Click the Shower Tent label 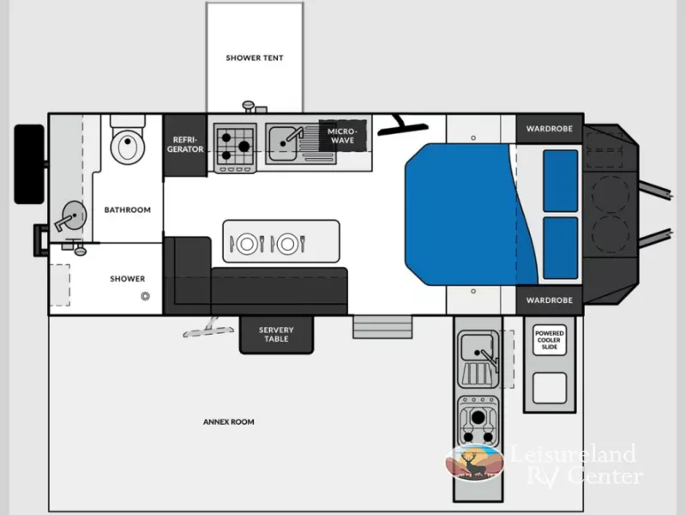coord(254,58)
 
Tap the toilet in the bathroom coord(127,140)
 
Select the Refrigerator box coord(185,145)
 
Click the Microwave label coord(342,136)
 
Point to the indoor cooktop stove coord(235,148)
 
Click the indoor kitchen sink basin coord(283,143)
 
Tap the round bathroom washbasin coord(74,215)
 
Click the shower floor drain coord(145,296)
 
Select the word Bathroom coord(127,209)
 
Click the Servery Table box coord(276,334)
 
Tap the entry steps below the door coord(382,327)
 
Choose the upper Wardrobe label coord(549,129)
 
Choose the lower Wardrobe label coord(549,300)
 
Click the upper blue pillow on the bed coord(561,181)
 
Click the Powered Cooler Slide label coord(550,340)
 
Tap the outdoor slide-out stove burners coord(478,421)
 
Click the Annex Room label coord(228,421)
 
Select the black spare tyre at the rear coord(29,164)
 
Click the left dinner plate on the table coord(247,244)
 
